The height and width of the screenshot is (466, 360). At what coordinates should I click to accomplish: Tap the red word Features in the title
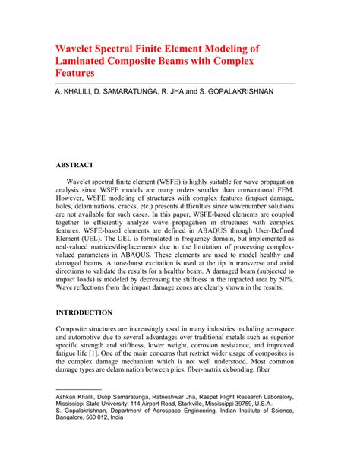pos(74,74)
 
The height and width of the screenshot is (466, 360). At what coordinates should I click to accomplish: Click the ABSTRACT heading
pos(74,164)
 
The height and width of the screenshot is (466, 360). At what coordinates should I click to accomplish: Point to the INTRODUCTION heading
pos(84,312)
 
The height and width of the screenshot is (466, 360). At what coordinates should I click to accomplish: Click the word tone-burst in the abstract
pos(215,256)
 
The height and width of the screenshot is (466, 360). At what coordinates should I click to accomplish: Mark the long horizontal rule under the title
pos(175,83)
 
